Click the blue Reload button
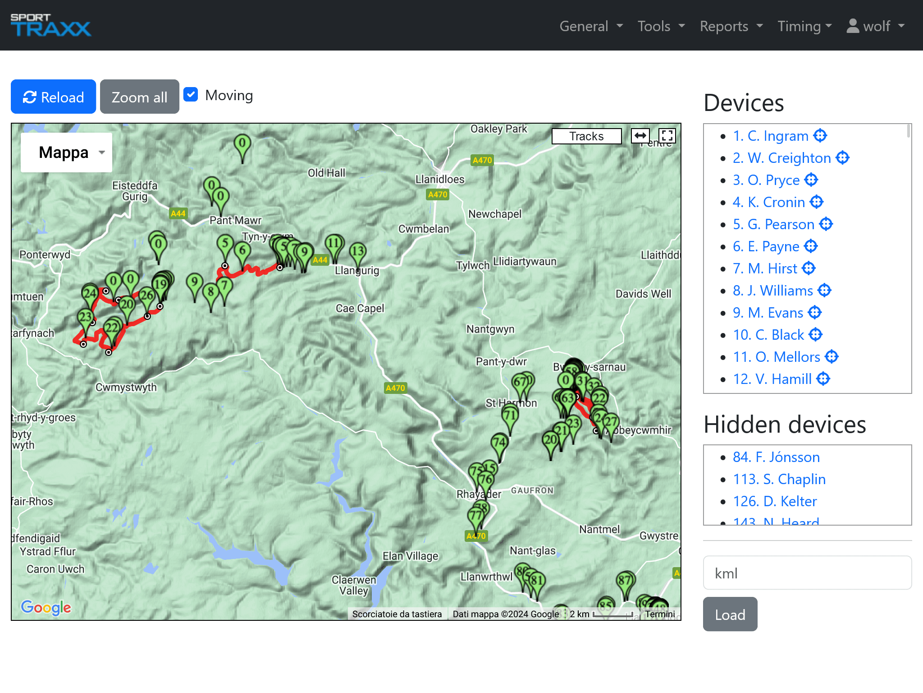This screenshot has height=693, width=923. pos(53,97)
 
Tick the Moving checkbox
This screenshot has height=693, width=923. pos(191,95)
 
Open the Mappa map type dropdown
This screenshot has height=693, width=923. pos(67,152)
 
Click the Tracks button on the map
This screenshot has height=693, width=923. pos(586,136)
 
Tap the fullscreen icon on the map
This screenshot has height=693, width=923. pos(667,136)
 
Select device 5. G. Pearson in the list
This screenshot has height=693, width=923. pos(773,224)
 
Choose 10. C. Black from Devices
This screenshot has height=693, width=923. pos(768,335)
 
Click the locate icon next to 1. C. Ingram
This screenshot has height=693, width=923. pos(820,136)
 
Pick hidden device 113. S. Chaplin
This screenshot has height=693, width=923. pos(779,479)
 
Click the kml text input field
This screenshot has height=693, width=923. pos(807,573)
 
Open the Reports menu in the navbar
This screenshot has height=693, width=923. pos(731,26)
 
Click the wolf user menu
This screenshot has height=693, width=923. pos(876,26)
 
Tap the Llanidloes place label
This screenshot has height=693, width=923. pos(440,180)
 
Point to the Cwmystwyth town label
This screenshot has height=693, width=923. pos(126,388)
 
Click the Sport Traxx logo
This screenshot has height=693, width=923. pos(50,25)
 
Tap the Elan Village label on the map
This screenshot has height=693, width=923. pos(410,556)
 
